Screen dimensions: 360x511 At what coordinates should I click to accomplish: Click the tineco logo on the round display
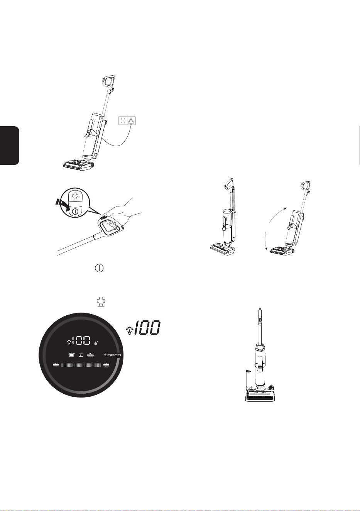point(112,355)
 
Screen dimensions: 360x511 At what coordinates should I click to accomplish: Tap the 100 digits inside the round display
point(81,341)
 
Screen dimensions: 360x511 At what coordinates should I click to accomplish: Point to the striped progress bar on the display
point(81,365)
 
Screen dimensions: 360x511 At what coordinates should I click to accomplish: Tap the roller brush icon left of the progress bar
point(56,365)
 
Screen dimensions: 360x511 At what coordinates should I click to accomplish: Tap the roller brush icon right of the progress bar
point(106,365)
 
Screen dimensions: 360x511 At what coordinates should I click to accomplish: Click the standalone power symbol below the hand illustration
point(99,268)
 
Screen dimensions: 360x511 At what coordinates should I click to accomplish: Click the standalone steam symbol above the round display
point(100,302)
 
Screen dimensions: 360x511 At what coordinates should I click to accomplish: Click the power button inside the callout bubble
point(74,212)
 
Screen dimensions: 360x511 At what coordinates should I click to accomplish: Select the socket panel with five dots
point(123,121)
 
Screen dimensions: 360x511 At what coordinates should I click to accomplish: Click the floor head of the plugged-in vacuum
point(78,165)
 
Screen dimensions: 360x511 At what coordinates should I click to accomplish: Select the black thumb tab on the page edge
point(9,146)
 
